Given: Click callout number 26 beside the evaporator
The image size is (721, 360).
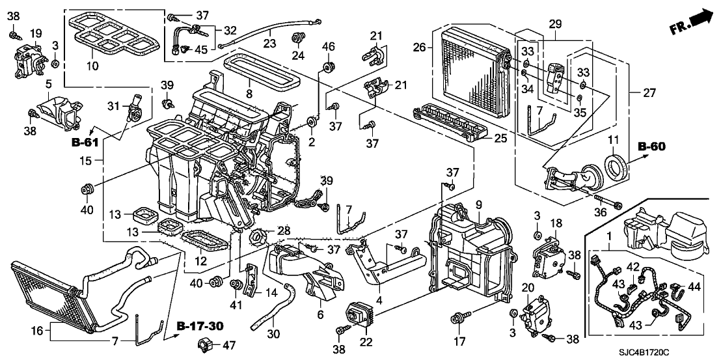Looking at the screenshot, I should point(420,47).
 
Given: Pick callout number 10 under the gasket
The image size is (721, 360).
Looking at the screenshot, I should point(93,67).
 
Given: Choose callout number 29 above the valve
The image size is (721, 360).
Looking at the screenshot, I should point(554,24).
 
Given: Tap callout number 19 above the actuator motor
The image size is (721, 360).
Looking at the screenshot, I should point(35,33).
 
